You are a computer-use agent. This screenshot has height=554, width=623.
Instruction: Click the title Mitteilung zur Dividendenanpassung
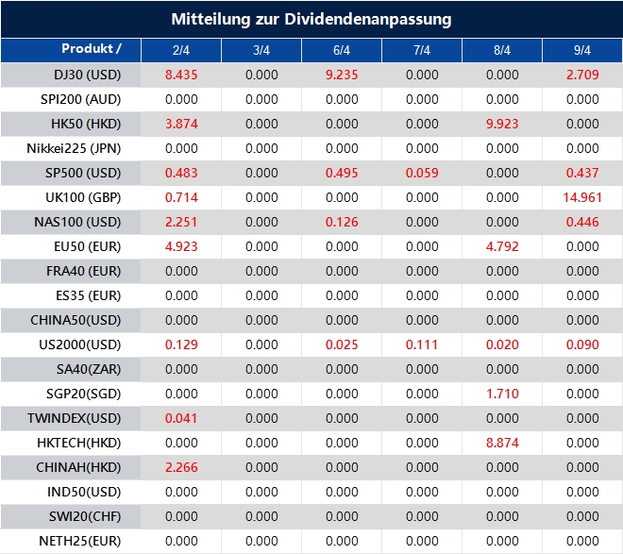click(311, 19)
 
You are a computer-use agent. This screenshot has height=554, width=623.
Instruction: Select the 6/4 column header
click(342, 50)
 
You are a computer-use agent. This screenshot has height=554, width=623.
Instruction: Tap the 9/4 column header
click(582, 50)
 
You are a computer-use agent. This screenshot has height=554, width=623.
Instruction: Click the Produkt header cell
click(92, 49)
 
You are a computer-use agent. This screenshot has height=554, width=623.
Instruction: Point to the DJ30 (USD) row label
click(88, 75)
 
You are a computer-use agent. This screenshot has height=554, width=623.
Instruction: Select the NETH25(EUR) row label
click(79, 541)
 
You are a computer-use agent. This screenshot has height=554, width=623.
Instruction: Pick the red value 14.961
click(582, 197)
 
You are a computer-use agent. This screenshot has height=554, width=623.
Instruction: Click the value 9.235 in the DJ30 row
click(342, 75)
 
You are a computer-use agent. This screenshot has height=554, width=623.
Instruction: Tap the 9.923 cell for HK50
click(502, 124)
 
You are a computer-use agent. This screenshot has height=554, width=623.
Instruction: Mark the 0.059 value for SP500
click(422, 173)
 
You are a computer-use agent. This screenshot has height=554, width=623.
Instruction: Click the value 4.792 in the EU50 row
click(502, 246)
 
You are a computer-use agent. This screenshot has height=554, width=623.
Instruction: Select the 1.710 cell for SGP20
click(502, 394)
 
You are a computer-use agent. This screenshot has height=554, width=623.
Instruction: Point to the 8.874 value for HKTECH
click(502, 443)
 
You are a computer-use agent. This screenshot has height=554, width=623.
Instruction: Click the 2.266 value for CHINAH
click(181, 467)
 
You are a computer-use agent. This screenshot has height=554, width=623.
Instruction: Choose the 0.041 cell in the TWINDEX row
click(181, 418)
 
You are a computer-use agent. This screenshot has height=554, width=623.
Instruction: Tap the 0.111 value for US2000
click(422, 344)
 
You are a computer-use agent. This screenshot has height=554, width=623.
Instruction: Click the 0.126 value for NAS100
click(342, 222)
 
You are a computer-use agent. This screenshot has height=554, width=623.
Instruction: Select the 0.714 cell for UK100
click(181, 197)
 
